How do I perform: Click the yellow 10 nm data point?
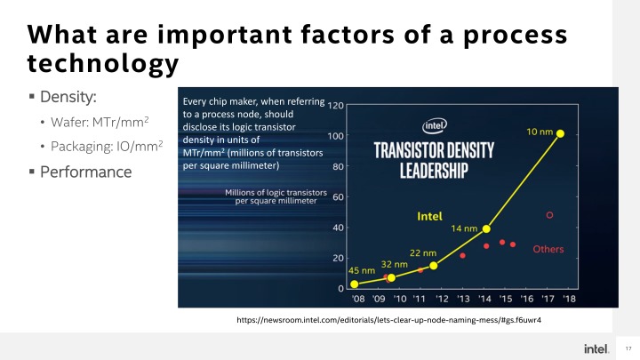[560, 133]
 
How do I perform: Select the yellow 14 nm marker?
[486, 228]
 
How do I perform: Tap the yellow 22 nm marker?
[434, 265]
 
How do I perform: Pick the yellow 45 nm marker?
[355, 284]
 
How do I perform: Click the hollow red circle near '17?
[549, 214]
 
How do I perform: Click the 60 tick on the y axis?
[339, 197]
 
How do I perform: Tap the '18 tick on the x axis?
[569, 299]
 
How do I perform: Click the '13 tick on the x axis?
[463, 299]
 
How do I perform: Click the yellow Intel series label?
[431, 216]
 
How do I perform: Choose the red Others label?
[548, 249]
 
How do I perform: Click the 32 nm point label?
[395, 264]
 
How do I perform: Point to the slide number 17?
[628, 347]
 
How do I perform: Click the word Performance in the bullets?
[85, 171]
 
